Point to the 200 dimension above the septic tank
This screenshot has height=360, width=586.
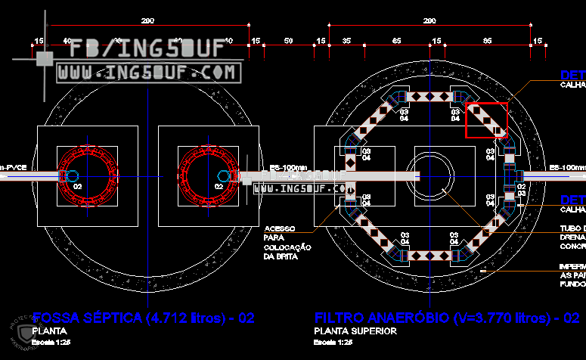point(147,21)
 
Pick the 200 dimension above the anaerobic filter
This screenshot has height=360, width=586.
point(429,21)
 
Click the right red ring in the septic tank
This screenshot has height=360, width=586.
point(207,175)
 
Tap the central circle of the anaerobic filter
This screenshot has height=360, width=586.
point(429,176)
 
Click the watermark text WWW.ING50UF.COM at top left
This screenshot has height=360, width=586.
point(147,73)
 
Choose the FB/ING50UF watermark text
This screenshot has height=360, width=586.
point(147,49)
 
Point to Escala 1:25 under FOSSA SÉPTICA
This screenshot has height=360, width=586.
point(51,342)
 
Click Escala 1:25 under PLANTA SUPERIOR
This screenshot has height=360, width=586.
point(333,342)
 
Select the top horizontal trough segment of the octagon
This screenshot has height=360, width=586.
point(429,97)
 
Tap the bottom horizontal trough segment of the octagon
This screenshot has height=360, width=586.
point(429,255)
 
